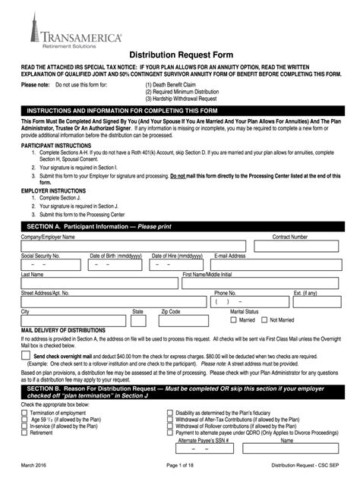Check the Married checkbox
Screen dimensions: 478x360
[234, 320]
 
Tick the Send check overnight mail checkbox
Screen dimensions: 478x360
[26, 355]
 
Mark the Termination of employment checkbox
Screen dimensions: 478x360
[25, 413]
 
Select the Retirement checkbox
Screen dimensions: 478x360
[25, 432]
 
